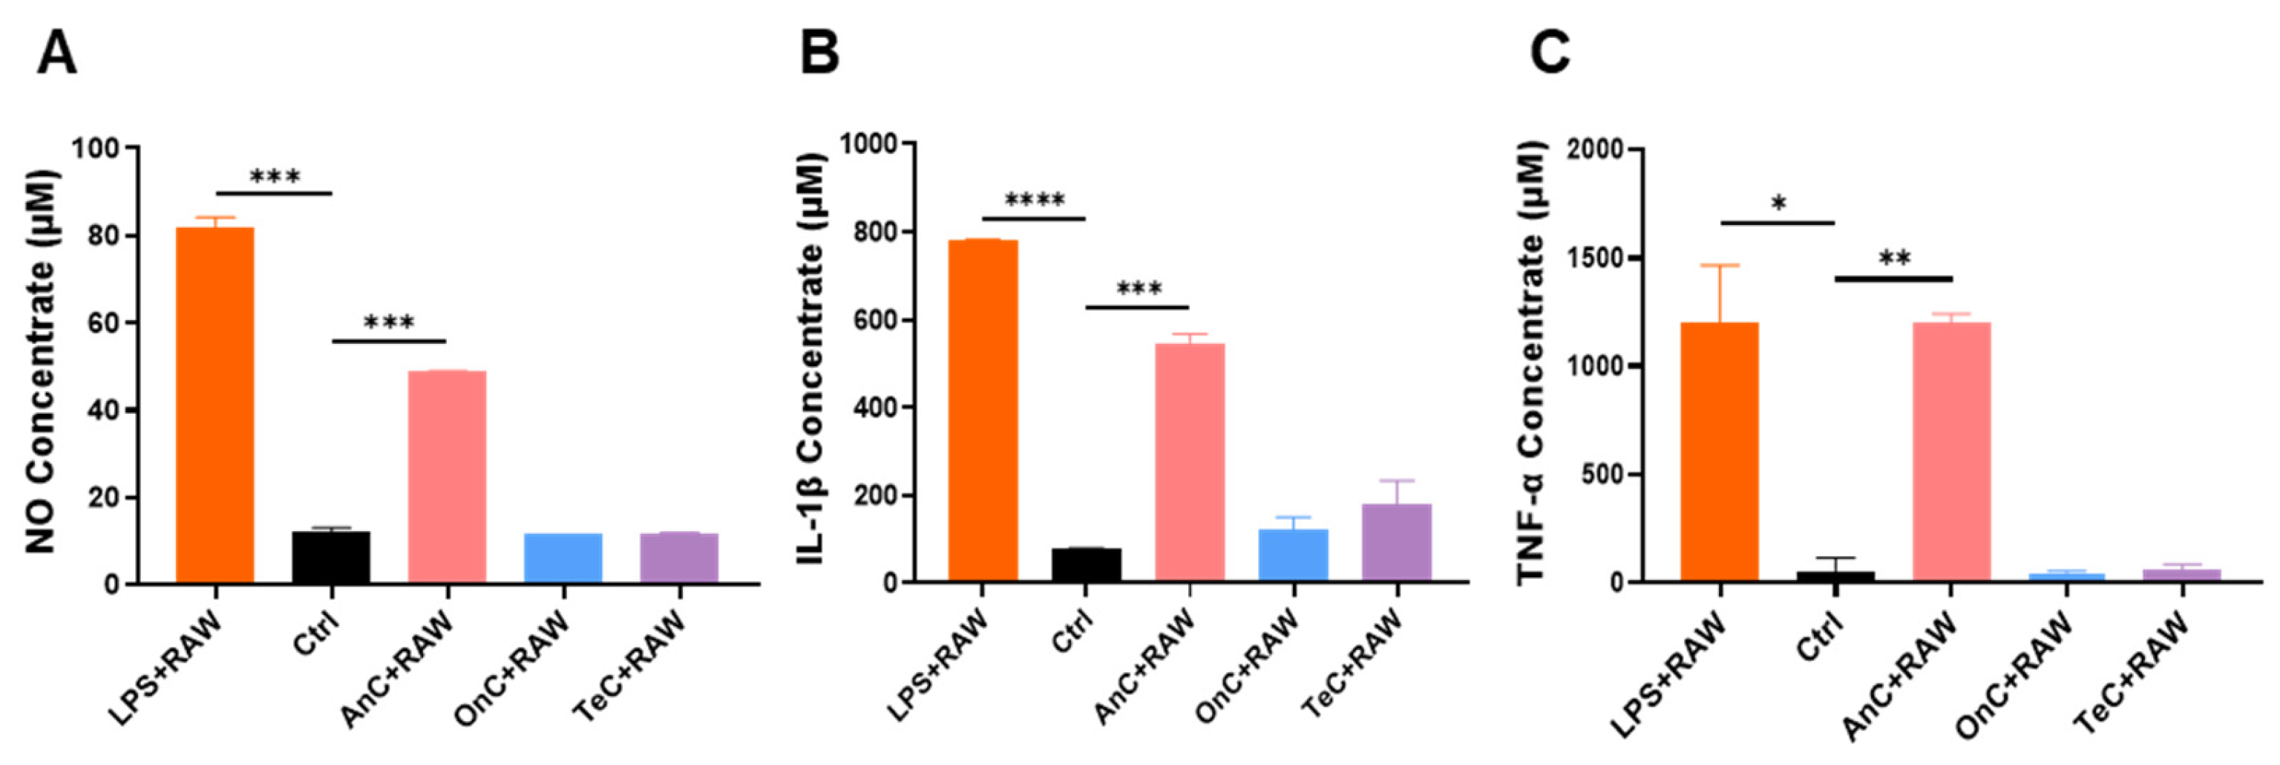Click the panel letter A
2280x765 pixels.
[56, 53]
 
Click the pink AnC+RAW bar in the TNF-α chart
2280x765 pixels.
[1952, 452]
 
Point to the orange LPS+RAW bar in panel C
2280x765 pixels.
[1720, 452]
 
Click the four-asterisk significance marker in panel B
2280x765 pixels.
[1034, 200]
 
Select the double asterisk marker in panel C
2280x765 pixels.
[1894, 259]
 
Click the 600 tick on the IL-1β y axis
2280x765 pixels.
[872, 321]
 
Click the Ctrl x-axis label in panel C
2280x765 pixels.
[1821, 637]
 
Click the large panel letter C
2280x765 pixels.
[1550, 53]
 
